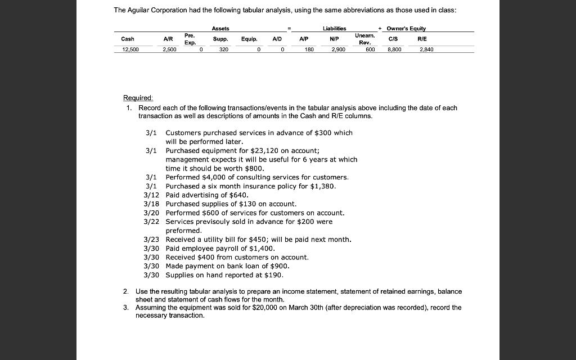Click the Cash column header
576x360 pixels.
[128, 39]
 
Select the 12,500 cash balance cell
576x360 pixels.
[130, 49]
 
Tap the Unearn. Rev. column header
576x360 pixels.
[364, 38]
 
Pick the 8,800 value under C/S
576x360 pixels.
[394, 49]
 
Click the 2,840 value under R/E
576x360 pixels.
[425, 49]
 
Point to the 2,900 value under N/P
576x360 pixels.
[338, 49]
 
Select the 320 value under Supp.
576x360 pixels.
[224, 49]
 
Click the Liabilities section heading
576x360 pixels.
[334, 28]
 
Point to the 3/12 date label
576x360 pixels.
[152, 195]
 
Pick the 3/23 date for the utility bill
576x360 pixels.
[152, 240]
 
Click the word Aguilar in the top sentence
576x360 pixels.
[142, 10]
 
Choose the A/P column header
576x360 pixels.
[304, 39]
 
